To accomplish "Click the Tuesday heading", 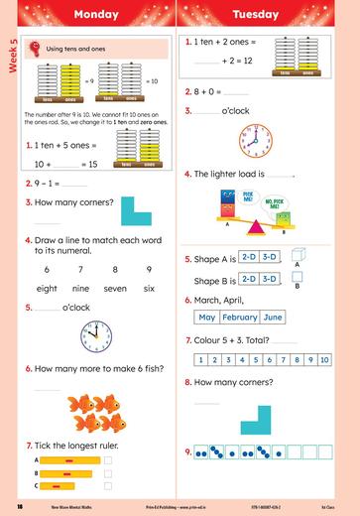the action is pos(267,15).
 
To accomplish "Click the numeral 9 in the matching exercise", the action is pos(149,269).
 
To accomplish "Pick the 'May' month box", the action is pos(206,318).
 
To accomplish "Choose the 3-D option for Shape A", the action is pos(267,258).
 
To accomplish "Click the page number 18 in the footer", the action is pos(20,507).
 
